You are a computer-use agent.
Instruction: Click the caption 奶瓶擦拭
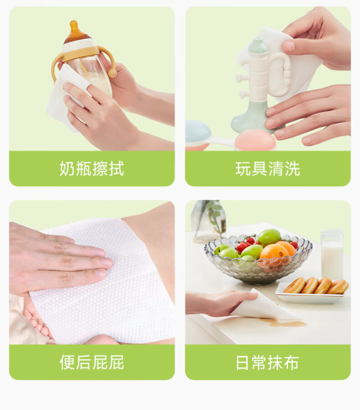point(92,168)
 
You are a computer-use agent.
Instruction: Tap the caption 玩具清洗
point(268,168)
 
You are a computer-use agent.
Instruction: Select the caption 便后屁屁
point(92,363)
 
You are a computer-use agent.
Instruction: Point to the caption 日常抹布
point(268,363)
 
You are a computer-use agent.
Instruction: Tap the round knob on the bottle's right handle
point(112,73)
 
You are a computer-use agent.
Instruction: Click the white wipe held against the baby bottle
point(65,97)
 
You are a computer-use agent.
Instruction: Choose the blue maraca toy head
point(197,134)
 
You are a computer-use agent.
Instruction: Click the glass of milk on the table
point(332,254)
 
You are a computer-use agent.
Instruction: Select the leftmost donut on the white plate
point(295,285)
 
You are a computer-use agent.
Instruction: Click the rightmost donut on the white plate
point(338,287)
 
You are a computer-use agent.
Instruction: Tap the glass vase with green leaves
point(209,222)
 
